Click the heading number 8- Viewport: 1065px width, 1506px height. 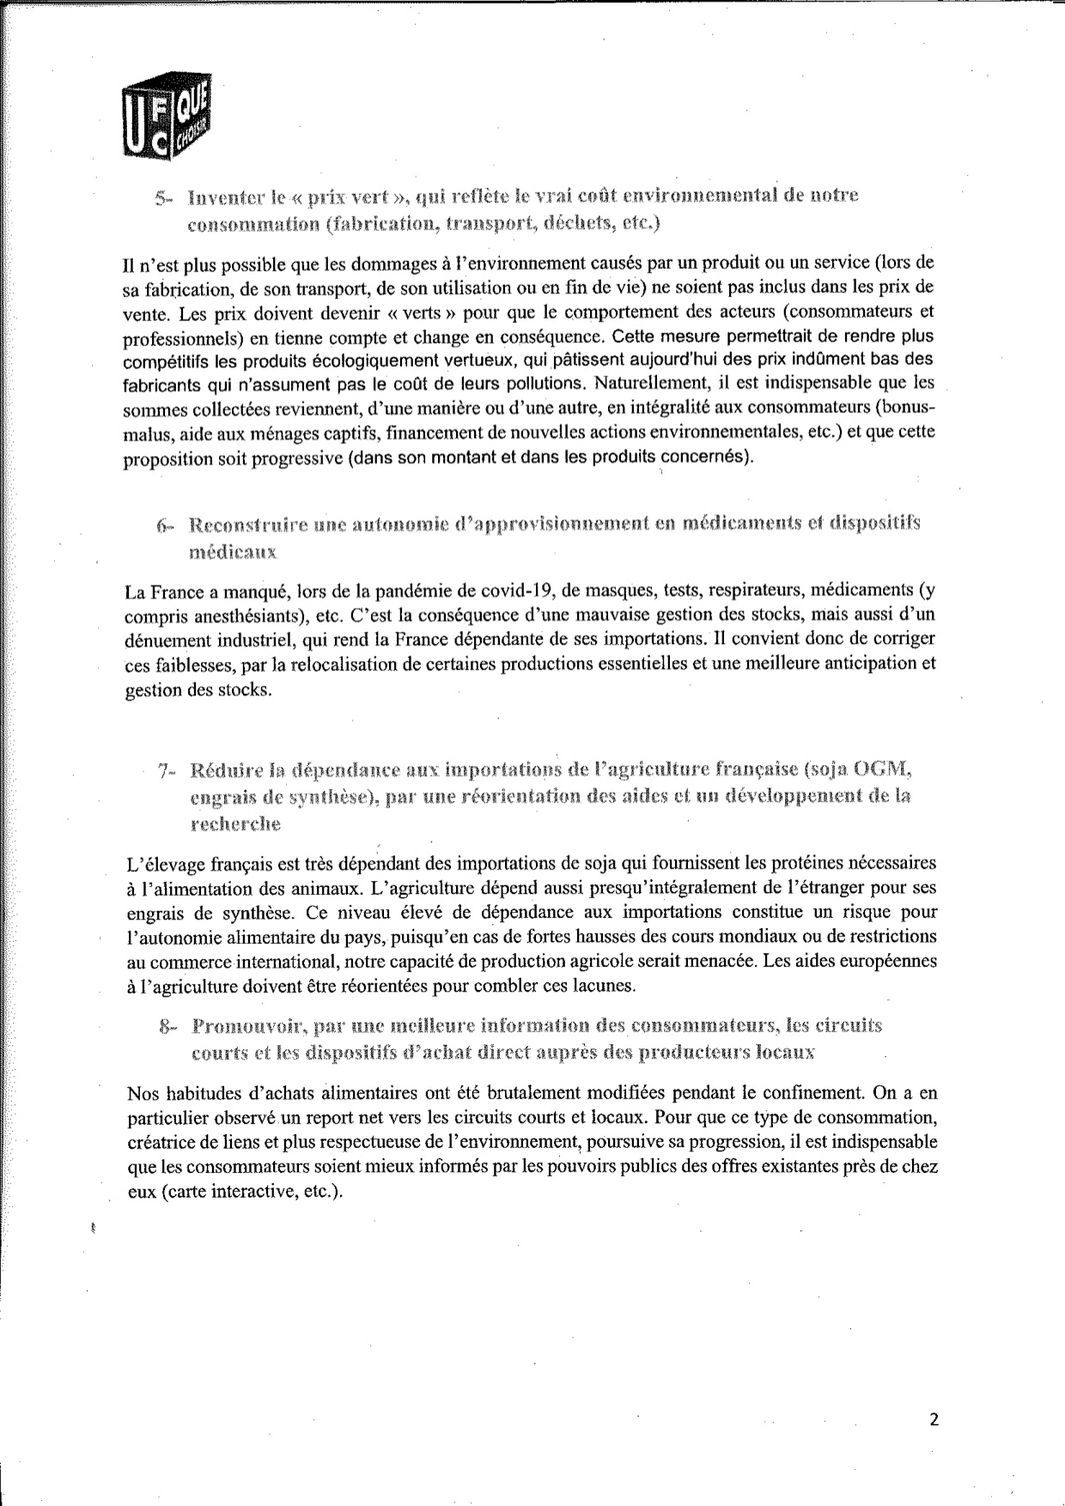tap(168, 1027)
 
